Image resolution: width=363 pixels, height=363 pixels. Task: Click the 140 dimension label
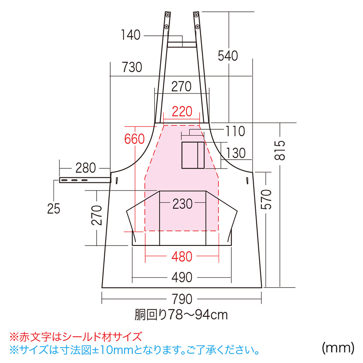(131, 35)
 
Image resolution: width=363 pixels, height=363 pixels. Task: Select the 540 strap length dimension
(228, 56)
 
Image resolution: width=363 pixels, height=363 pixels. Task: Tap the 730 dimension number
(132, 68)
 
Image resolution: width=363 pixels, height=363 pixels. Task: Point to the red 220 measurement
(182, 111)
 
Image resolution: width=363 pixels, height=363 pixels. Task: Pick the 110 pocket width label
(235, 132)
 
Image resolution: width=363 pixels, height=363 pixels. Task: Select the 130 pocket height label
(235, 153)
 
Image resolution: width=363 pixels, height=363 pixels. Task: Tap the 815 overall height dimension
(281, 150)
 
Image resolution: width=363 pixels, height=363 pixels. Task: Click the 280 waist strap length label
(85, 168)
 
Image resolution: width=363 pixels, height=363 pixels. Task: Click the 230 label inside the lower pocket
(182, 204)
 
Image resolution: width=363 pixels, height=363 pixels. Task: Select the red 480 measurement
(182, 257)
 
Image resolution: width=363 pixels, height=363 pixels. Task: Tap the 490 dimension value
(182, 277)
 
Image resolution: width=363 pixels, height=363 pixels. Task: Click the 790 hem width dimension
(182, 300)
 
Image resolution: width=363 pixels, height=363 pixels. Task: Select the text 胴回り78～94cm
(181, 314)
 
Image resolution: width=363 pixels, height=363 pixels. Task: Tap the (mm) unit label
(338, 348)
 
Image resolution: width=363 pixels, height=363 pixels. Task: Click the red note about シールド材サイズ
(76, 337)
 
